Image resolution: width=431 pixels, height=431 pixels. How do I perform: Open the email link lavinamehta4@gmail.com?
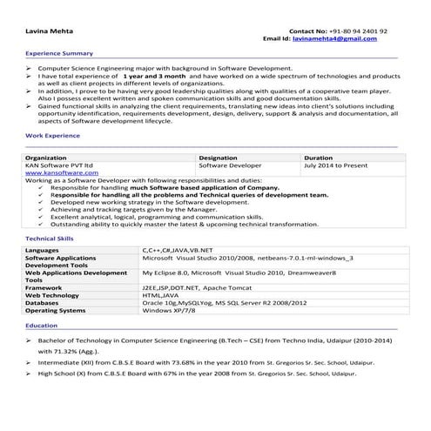pyautogui.click(x=334, y=39)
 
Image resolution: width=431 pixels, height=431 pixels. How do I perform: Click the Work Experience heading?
pyautogui.click(x=49, y=138)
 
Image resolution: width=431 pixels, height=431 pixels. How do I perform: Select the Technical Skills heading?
pyautogui.click(x=50, y=238)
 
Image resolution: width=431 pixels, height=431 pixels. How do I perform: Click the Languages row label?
pyautogui.click(x=43, y=251)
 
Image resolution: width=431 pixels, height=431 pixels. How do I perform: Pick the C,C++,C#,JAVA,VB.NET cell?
pyautogui.click(x=178, y=251)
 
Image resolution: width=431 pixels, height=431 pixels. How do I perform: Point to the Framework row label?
pyautogui.click(x=44, y=286)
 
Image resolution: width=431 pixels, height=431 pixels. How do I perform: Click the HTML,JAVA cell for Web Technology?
pyautogui.click(x=161, y=294)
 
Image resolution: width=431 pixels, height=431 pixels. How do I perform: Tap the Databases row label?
pyautogui.click(x=44, y=302)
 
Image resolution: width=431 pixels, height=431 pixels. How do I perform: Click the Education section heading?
pyautogui.click(x=42, y=325)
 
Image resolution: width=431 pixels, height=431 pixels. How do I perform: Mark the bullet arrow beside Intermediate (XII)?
pyautogui.click(x=29, y=361)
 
